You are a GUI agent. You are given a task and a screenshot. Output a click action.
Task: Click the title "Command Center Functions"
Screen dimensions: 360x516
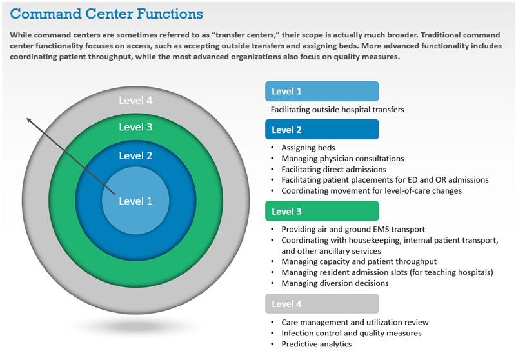106,13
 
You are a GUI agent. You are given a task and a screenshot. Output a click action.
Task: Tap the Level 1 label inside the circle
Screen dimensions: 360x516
135,201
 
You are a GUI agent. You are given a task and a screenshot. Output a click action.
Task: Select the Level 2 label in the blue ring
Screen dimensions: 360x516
135,155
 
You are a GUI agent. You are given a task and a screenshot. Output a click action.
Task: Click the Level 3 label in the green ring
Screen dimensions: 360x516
135,127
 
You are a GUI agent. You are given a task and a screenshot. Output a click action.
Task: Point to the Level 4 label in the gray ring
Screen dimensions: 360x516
135,100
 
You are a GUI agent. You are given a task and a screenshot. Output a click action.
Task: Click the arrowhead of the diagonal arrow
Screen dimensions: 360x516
28,119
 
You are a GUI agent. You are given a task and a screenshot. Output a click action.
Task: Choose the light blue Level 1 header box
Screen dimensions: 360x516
321,92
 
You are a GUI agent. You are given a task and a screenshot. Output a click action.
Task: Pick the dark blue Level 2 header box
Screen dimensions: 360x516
321,130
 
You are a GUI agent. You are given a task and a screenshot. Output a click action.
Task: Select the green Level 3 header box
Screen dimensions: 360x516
321,211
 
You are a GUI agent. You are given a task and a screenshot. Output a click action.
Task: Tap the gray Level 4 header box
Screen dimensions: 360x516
321,304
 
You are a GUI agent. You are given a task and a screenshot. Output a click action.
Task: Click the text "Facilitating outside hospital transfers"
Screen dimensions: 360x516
337,110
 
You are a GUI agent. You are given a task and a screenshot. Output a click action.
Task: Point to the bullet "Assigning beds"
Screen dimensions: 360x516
308,148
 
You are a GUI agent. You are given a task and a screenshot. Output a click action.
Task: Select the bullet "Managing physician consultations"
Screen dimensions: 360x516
342,159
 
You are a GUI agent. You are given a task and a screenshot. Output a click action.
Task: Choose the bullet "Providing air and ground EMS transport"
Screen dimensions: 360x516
353,229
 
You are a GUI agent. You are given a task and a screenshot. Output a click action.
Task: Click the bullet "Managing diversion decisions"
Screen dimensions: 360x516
335,283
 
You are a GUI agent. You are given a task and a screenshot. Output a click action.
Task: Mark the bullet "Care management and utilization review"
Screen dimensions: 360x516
355,322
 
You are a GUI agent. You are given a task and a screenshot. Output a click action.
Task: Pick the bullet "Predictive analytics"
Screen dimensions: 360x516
316,344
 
